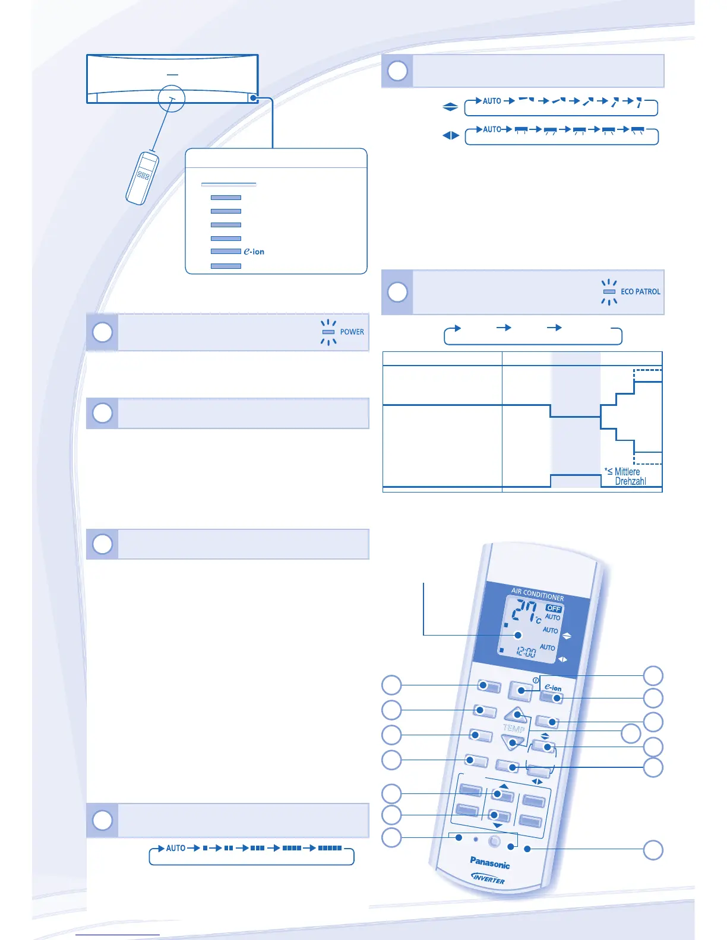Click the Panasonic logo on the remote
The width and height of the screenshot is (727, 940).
[489, 862]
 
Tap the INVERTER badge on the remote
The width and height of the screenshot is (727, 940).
[488, 878]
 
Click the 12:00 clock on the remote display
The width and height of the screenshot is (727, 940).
[524, 652]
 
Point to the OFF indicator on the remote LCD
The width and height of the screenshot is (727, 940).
[554, 608]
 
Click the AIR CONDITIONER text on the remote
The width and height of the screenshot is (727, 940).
[538, 593]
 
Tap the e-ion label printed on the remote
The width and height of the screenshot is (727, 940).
[553, 687]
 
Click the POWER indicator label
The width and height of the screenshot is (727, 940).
[352, 332]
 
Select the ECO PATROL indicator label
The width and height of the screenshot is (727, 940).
[640, 291]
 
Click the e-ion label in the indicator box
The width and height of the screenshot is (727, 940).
[254, 252]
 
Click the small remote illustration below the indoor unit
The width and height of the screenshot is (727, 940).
[142, 178]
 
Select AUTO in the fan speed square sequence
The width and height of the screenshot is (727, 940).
[176, 848]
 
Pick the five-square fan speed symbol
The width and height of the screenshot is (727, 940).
[330, 848]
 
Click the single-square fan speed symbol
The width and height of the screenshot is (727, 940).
[205, 848]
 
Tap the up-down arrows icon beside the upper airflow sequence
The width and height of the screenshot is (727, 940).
[450, 107]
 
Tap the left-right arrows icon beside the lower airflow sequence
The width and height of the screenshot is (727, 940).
[451, 135]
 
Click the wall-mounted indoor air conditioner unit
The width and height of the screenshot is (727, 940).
[172, 79]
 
